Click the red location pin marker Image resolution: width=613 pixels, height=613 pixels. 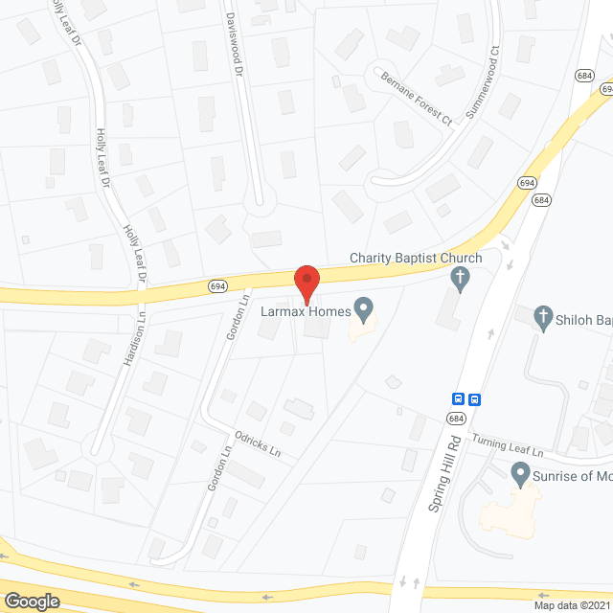click(306, 282)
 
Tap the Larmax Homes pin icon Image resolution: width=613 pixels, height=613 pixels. click(363, 308)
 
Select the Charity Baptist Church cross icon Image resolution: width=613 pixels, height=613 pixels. click(461, 279)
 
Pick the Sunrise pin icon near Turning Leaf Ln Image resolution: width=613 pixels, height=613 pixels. click(520, 472)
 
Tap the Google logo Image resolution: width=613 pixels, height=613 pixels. click(31, 601)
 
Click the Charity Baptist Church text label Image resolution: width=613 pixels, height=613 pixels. click(415, 258)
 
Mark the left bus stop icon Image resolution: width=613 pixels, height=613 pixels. click(459, 399)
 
